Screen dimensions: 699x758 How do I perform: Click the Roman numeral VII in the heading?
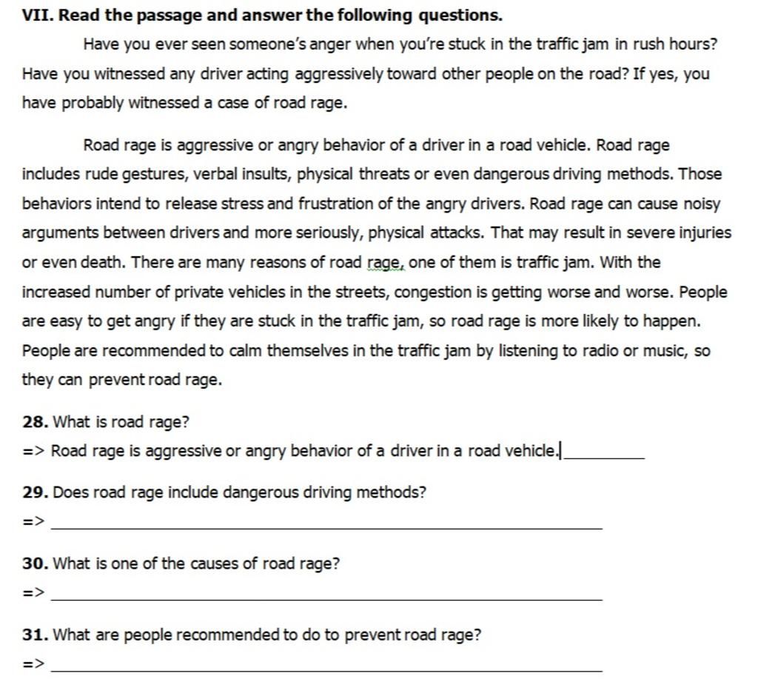coord(36,15)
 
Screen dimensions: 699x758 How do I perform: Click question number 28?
coord(36,422)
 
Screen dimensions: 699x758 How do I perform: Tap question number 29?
coord(36,492)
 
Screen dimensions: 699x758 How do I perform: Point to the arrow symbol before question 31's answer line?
coord(33,664)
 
